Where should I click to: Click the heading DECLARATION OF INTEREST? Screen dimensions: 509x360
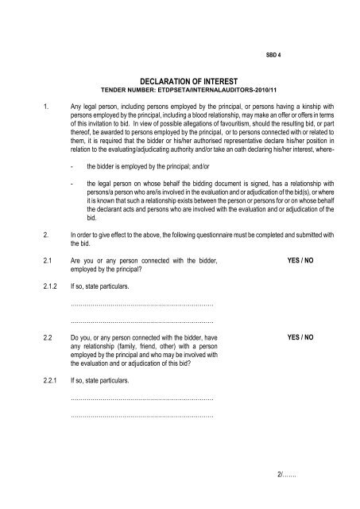[180, 80]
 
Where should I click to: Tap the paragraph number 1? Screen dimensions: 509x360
[27, 104]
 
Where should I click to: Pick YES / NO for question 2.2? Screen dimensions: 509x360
[300, 338]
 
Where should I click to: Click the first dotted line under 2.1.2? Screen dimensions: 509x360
[142, 303]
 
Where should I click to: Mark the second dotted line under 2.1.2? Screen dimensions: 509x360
[142, 321]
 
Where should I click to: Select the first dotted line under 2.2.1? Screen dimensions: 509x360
[142, 398]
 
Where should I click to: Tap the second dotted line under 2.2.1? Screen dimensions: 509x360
[142, 414]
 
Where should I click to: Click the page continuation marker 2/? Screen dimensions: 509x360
[282, 477]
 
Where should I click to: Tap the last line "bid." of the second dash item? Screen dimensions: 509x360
[91, 217]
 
